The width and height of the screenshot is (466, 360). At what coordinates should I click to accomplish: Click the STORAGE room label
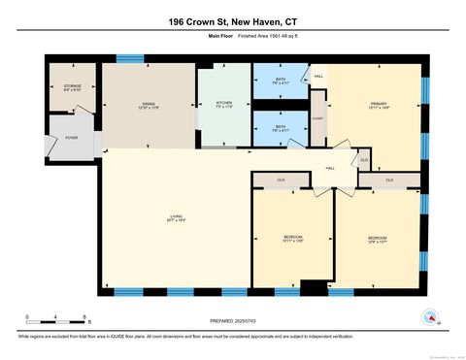tap(73, 86)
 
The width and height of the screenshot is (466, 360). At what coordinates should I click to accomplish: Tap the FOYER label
tap(72, 137)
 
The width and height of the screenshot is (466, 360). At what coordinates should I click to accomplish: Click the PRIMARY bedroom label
tap(379, 105)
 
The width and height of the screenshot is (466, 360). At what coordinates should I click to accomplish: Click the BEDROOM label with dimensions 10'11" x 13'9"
tap(293, 239)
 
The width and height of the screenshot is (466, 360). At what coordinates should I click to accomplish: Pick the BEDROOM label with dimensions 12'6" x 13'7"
tap(379, 239)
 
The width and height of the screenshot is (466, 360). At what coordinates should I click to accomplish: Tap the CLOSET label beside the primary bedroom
tap(318, 119)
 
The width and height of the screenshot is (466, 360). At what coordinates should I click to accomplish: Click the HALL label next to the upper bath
tap(318, 78)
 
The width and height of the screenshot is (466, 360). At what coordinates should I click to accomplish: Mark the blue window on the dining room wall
tap(130, 58)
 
